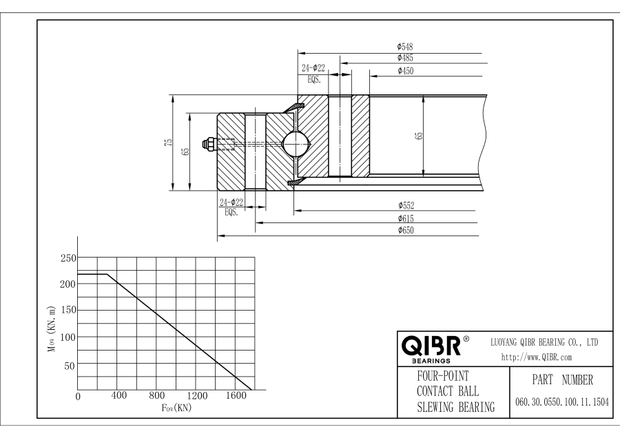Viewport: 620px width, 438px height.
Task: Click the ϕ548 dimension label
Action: tap(406, 46)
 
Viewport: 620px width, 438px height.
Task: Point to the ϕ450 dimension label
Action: tap(406, 70)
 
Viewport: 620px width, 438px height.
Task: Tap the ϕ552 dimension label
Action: tap(406, 205)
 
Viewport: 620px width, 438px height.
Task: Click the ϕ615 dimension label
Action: tap(406, 218)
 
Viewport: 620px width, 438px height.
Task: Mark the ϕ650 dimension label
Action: tap(406, 231)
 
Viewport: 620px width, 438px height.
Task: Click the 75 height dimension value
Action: tap(167, 142)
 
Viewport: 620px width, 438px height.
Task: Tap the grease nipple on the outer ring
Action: tap(207, 143)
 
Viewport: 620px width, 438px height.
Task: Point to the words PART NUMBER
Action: tap(559, 379)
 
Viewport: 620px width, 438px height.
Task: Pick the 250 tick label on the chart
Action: tap(67, 258)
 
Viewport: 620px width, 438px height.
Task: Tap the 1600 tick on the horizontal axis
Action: tap(236, 396)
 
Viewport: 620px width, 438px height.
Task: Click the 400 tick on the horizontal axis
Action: tap(118, 396)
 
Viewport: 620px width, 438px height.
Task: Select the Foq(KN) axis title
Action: tap(176, 408)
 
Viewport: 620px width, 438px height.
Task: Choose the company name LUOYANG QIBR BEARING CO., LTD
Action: tap(544, 342)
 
